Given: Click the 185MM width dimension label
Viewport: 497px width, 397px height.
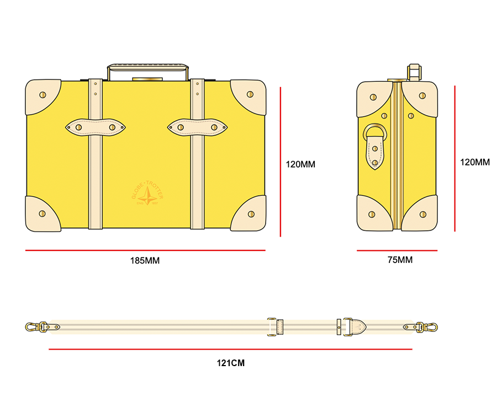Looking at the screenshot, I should [x=145, y=261].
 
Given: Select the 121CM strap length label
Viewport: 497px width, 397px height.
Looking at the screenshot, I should [x=230, y=363].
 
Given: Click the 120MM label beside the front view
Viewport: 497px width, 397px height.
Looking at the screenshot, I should [x=300, y=164].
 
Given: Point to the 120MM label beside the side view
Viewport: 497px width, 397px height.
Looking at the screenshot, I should [x=475, y=163].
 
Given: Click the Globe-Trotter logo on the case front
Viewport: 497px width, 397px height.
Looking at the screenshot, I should [x=147, y=194].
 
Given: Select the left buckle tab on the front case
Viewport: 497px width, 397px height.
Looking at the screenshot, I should [x=95, y=127].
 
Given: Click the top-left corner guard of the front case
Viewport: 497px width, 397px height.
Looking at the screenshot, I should [x=41, y=95].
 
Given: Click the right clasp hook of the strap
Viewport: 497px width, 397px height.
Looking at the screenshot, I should [x=428, y=326].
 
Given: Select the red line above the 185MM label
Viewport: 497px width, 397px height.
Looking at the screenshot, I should [x=145, y=251].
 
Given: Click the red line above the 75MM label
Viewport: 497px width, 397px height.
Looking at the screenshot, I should [x=396, y=251].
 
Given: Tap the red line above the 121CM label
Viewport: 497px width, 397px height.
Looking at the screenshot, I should [x=230, y=349].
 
